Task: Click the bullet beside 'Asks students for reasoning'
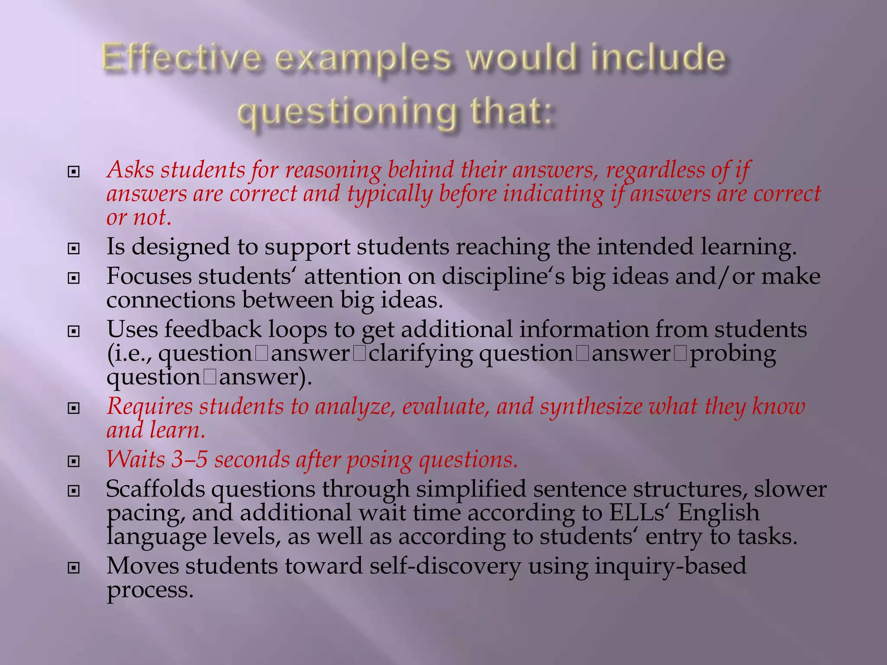74,172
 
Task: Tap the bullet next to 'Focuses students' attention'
74,278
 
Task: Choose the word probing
732,354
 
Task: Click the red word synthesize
591,407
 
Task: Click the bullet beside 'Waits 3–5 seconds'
74,462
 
